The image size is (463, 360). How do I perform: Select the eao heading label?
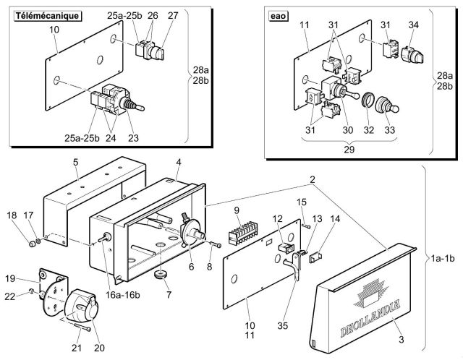coord(278,16)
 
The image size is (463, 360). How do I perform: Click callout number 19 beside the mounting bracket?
coord(10,278)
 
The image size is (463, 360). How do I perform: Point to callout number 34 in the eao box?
coord(413,25)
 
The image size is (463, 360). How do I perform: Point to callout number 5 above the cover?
coord(76,163)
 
